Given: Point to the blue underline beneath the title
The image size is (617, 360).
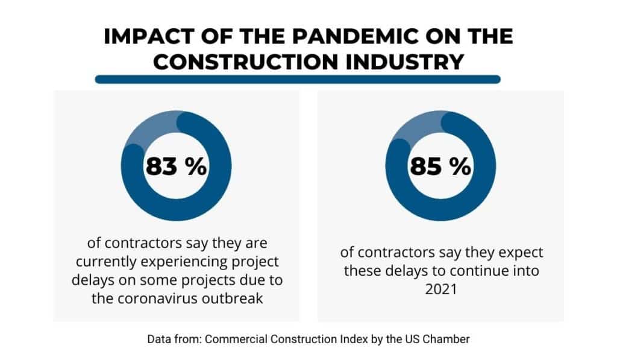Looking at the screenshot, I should pyautogui.click(x=298, y=79).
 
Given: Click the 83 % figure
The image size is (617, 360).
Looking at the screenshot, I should pyautogui.click(x=175, y=166).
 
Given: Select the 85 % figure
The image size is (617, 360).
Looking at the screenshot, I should pyautogui.click(x=440, y=166).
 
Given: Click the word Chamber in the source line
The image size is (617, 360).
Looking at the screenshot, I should pyautogui.click(x=448, y=339).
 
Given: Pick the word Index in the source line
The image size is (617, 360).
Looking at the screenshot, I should pyautogui.click(x=355, y=339).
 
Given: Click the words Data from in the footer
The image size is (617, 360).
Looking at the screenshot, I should pyautogui.click(x=173, y=339).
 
